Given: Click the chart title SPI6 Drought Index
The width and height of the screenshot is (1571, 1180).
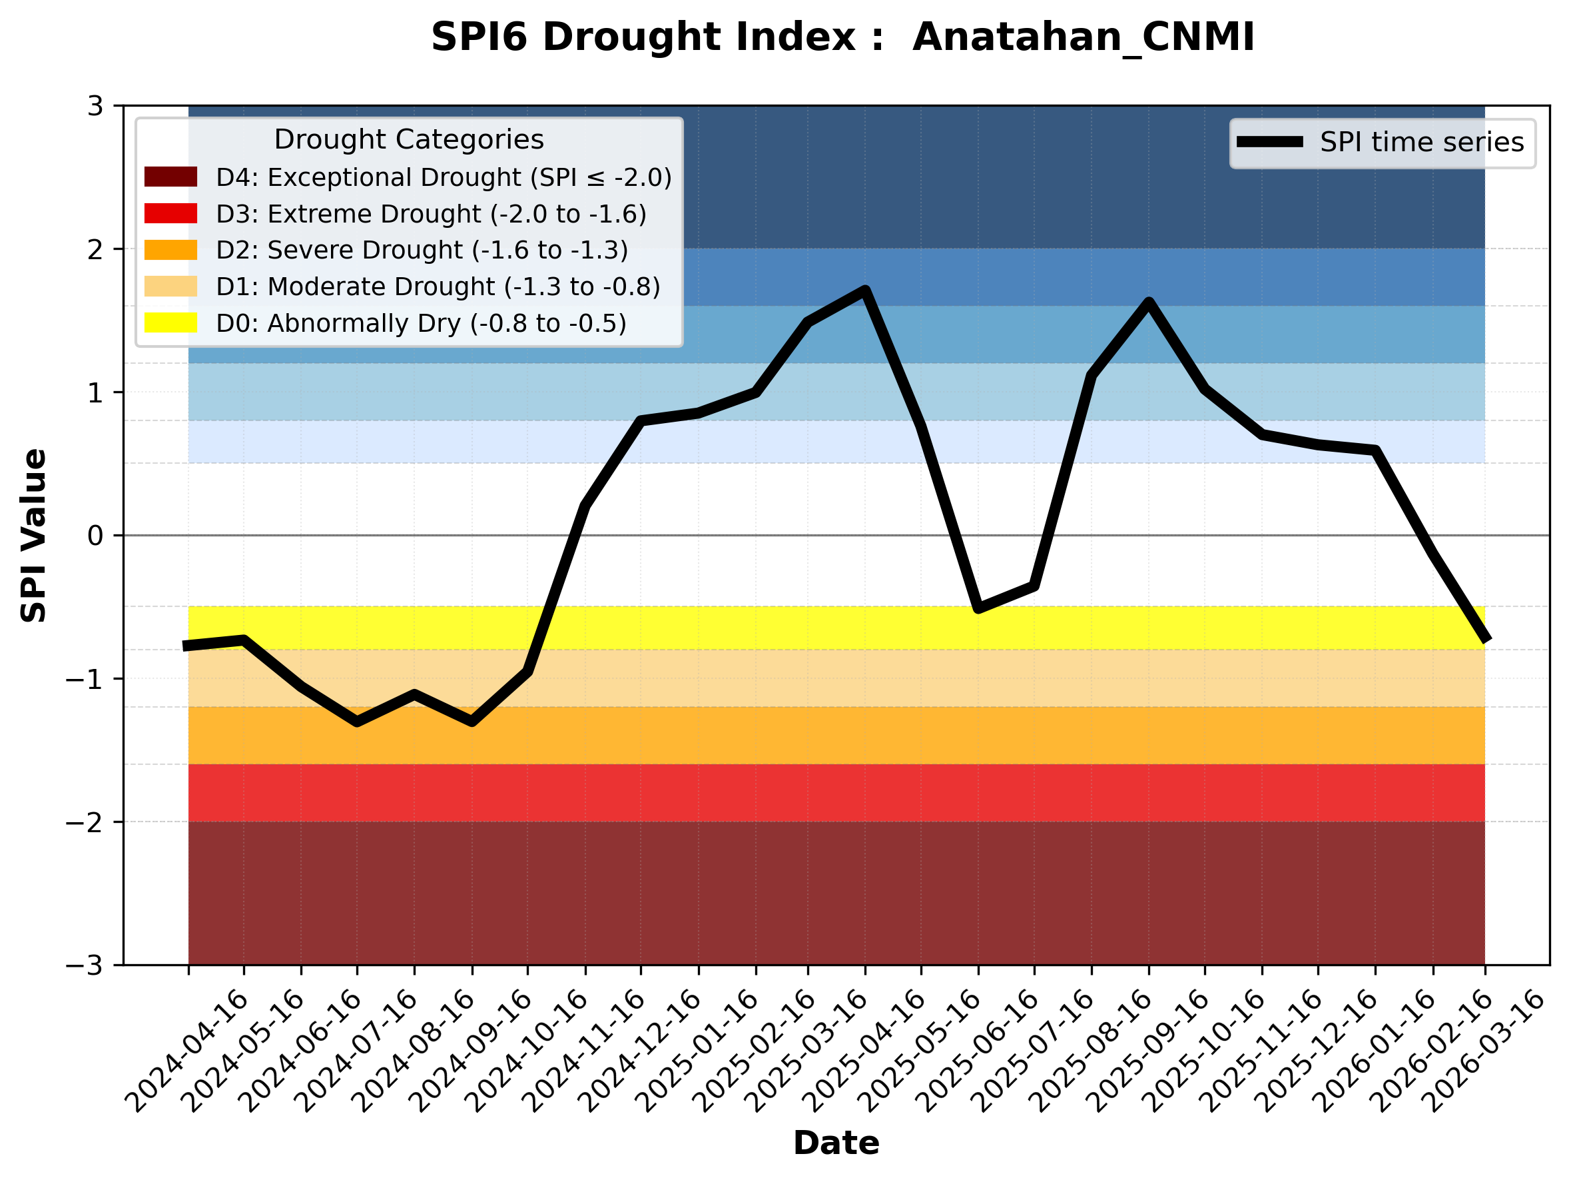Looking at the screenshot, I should click(x=842, y=37).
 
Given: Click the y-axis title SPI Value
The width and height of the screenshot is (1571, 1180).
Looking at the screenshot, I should click(x=33, y=535).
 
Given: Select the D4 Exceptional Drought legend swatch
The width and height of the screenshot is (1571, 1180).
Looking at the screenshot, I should click(x=170, y=177).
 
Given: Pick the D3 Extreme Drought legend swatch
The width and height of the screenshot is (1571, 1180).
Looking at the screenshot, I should click(x=170, y=213).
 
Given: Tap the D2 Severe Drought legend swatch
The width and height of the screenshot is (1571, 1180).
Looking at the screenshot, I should click(x=170, y=250).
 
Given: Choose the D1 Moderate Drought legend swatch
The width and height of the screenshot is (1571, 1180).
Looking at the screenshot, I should click(x=170, y=287).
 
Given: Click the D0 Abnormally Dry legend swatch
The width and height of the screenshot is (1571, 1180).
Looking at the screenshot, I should click(x=170, y=322).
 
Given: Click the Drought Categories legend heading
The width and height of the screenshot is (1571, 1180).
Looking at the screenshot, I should click(x=408, y=139).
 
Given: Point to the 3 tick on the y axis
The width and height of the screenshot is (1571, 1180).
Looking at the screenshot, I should click(x=95, y=106).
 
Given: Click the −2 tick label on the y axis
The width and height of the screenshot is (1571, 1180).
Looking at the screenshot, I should click(x=85, y=822).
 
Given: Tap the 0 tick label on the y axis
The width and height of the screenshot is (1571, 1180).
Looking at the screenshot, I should click(x=95, y=536).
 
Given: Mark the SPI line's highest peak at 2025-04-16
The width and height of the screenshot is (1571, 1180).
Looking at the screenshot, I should click(x=865, y=290).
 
